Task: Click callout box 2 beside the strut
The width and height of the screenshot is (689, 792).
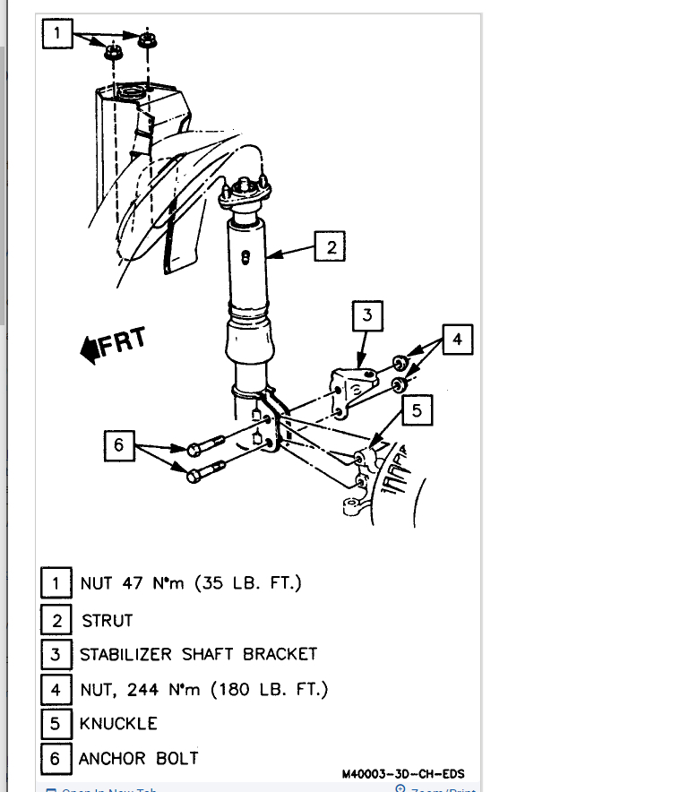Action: coord(331,247)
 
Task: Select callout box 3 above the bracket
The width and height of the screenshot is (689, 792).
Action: coord(367,315)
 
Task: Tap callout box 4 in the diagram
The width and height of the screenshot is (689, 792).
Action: coord(457,340)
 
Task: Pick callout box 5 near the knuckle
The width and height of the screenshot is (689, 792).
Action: coord(417,411)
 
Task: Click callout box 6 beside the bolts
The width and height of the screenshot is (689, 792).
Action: coord(120,445)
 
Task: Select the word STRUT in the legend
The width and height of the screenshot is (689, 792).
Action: coord(107,620)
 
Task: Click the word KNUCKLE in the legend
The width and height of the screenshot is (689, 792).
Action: coord(118,723)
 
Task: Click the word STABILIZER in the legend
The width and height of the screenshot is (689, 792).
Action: coord(126,654)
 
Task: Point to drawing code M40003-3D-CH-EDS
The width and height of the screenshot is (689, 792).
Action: coord(403,774)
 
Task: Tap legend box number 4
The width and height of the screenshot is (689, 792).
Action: coord(56,689)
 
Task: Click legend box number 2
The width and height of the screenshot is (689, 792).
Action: coord(56,620)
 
